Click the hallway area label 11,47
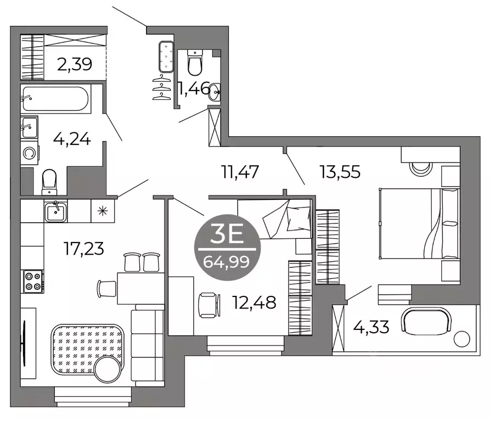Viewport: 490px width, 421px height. point(239,172)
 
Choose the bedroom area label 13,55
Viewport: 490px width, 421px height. point(340,172)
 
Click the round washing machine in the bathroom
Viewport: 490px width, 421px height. point(30,152)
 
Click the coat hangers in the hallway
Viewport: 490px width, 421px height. point(160,87)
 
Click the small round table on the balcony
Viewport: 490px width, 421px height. point(463,338)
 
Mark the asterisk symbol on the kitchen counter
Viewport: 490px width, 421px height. point(102,210)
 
